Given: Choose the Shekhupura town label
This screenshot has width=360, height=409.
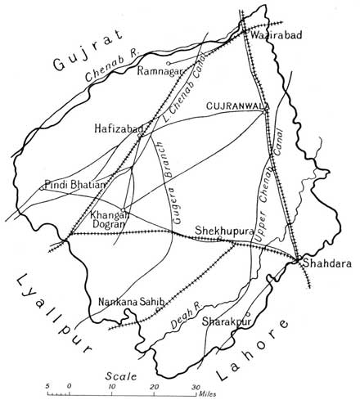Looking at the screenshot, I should tap(222, 231).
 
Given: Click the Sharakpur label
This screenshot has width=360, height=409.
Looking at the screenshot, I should tap(225, 322).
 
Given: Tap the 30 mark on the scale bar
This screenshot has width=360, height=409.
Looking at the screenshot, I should tap(195, 386).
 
